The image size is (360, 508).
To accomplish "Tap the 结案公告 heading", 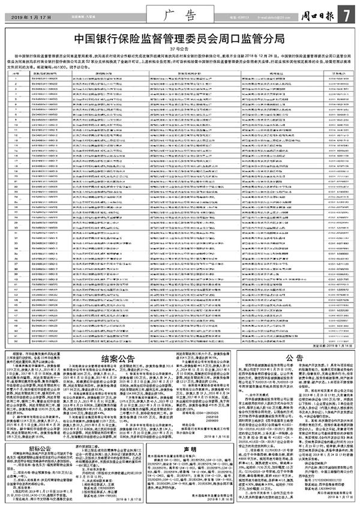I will coord(118,359).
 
